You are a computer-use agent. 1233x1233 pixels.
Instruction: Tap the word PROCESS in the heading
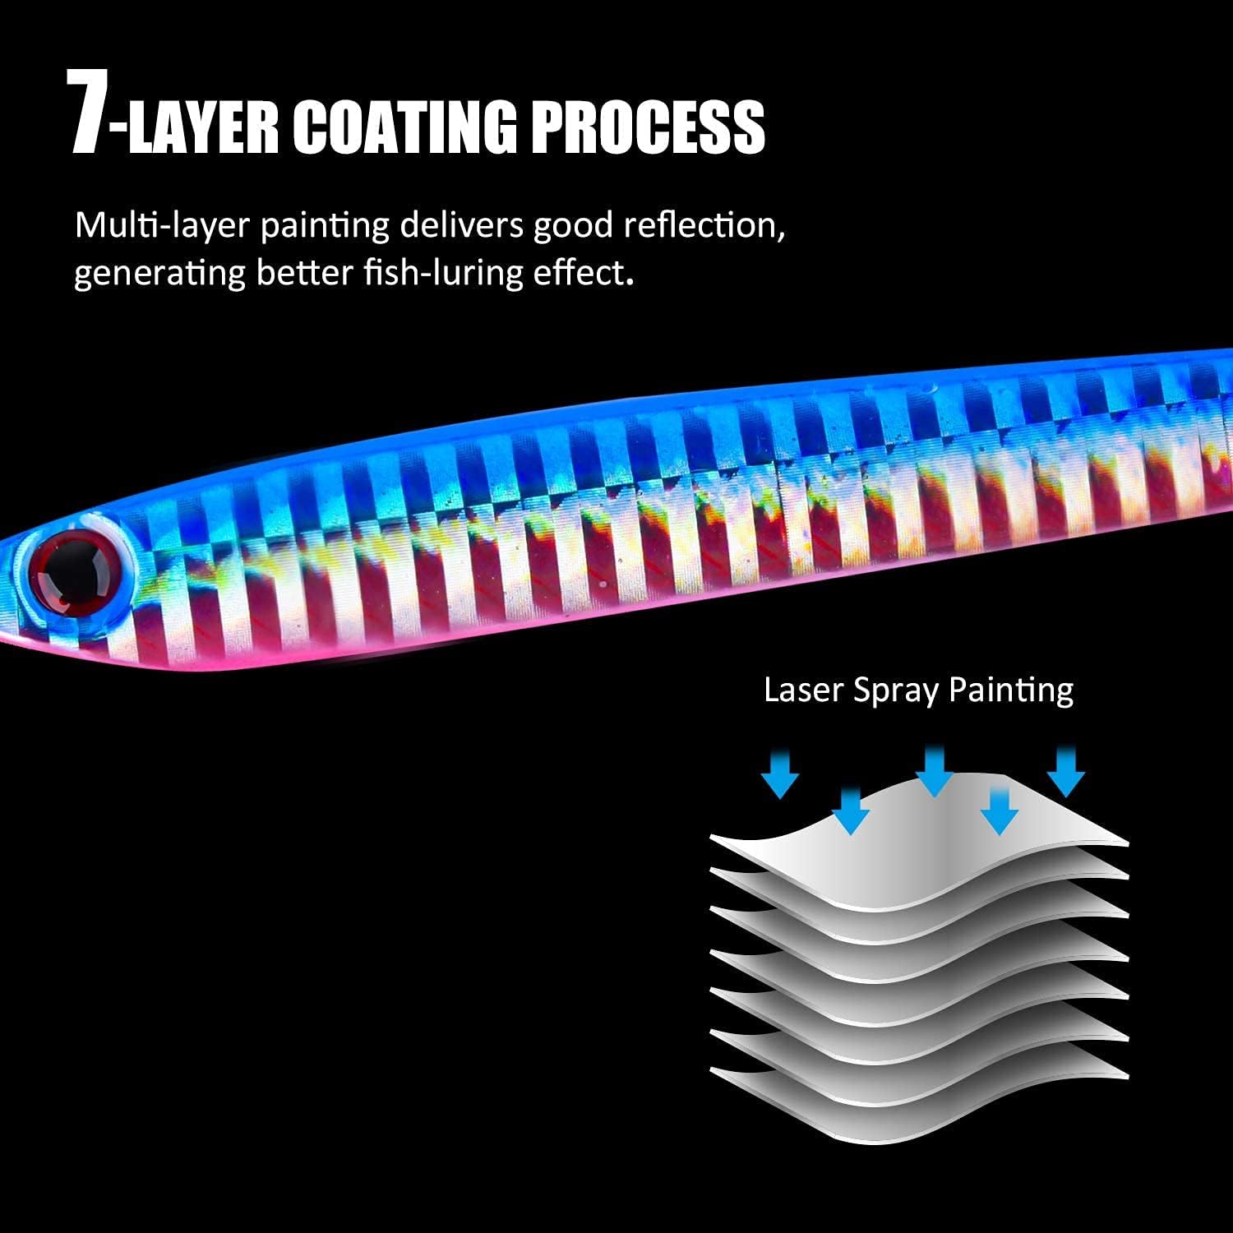coord(646,127)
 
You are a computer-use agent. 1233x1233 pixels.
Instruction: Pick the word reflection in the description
coord(700,224)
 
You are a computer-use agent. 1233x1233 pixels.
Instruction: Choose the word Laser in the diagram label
coord(803,690)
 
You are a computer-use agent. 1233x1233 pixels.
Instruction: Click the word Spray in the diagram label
coord(896,691)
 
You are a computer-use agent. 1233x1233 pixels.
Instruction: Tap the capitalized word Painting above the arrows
coord(1010,690)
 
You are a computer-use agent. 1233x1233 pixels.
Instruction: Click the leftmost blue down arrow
coord(780,774)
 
